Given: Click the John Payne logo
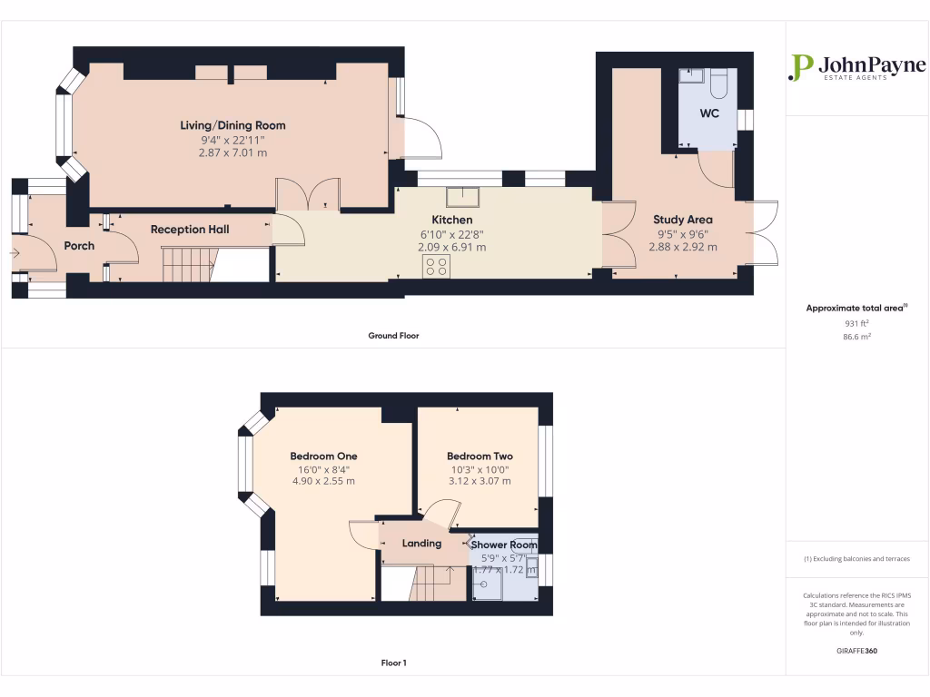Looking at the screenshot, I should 857,68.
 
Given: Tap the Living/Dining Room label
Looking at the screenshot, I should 232,125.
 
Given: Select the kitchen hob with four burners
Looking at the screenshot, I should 436,266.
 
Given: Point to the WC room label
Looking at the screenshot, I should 708,114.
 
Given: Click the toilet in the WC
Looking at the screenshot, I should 719,83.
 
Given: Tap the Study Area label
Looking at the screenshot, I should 683,220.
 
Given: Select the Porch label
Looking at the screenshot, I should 79,246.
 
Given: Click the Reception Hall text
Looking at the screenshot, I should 190,230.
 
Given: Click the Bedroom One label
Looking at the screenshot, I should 323,456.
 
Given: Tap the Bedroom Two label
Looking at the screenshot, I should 480,456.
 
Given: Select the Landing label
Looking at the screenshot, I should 421,544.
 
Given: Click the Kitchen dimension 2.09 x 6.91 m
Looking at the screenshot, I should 451,247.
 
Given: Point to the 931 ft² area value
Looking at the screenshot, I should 857,322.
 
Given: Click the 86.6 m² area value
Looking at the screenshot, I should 857,336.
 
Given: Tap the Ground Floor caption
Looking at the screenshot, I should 393,336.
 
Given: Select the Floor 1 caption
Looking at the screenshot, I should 393,663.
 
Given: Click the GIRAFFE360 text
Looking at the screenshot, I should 857,651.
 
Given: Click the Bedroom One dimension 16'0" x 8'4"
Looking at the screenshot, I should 323,469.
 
